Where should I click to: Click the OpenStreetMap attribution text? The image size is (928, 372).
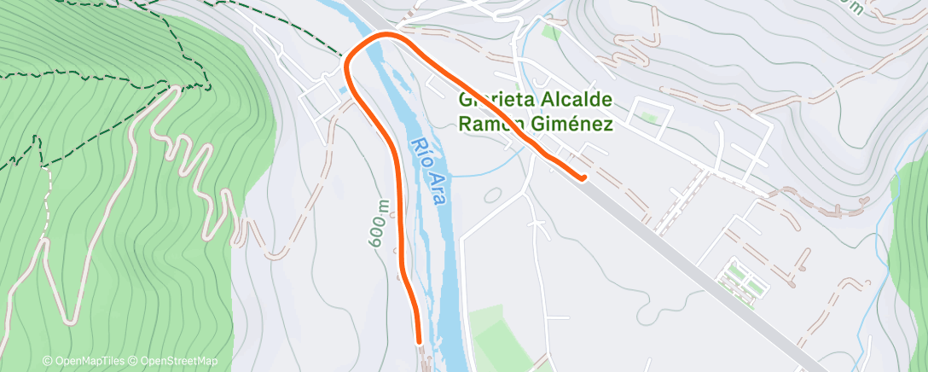(x=175, y=361)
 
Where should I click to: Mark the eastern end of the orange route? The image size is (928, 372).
(x=583, y=177)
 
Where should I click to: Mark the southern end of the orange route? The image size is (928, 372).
(x=419, y=341)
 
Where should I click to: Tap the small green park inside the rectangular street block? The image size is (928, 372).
(x=648, y=118)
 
